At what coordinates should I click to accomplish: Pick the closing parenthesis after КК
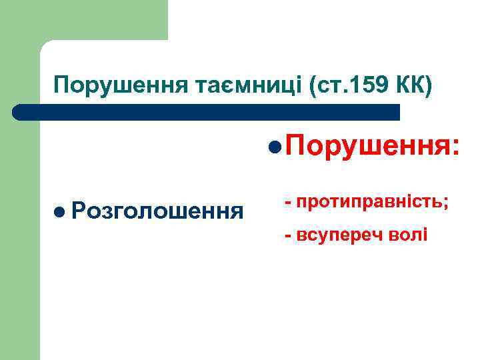[429, 85]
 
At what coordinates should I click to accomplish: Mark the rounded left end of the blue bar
[18, 111]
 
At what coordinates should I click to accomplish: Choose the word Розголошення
[157, 212]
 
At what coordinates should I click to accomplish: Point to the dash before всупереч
[288, 235]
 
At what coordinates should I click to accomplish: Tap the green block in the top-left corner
[83, 19]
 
